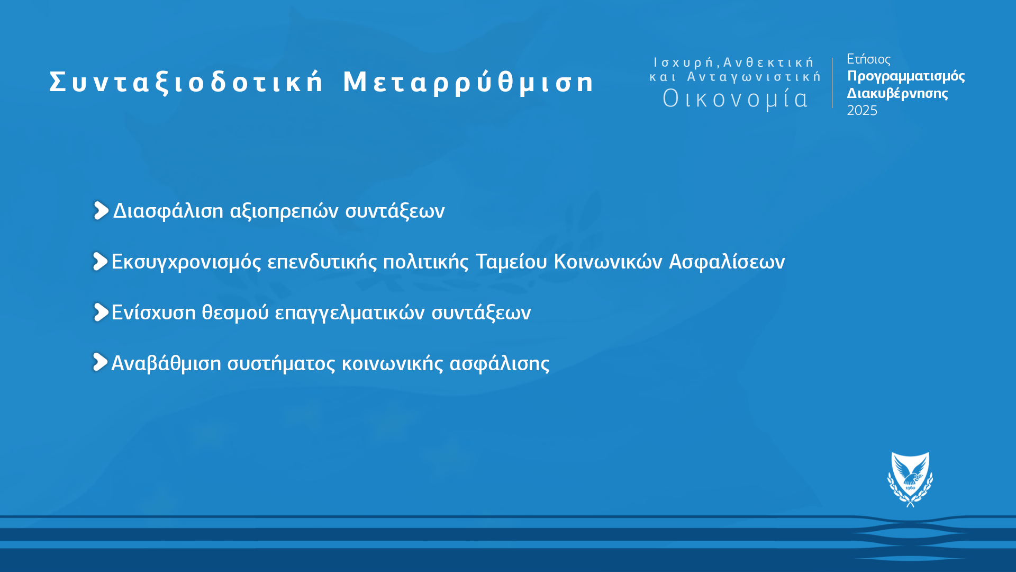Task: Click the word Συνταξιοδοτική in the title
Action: [x=186, y=82]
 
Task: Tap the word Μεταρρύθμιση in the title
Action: [x=469, y=82]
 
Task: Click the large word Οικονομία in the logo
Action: [x=736, y=99]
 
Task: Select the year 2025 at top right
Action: [x=862, y=110]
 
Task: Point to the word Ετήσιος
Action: [x=868, y=59]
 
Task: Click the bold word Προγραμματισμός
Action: [x=906, y=76]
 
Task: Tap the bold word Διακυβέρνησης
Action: [x=897, y=93]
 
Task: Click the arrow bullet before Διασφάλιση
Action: [x=101, y=210]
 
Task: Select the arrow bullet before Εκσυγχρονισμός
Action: [x=100, y=261]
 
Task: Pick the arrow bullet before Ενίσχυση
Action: [x=101, y=312]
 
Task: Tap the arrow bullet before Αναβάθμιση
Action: [x=100, y=362]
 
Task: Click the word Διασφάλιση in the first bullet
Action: [x=168, y=211]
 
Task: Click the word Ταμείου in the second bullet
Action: [x=511, y=262]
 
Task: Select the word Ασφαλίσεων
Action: [x=727, y=262]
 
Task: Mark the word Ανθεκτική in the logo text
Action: [x=768, y=62]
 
